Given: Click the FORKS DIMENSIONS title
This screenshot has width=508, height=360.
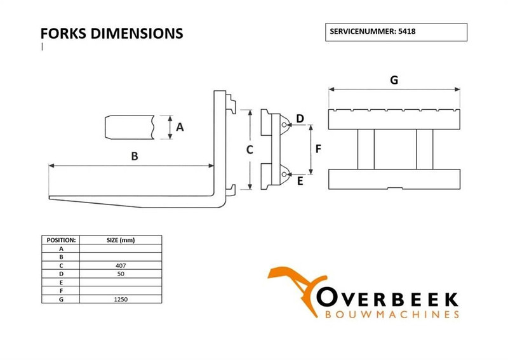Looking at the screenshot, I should [x=111, y=33].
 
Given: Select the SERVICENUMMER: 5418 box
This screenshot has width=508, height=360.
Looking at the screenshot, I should [x=396, y=32].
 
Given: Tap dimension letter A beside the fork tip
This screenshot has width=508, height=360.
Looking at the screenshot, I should [x=180, y=127].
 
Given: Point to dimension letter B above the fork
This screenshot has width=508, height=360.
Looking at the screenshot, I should [x=134, y=156].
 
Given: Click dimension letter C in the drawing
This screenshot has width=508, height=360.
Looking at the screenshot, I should [x=250, y=150].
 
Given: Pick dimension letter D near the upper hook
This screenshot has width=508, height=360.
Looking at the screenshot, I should [x=300, y=119].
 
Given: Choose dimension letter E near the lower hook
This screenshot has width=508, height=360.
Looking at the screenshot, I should [x=300, y=181].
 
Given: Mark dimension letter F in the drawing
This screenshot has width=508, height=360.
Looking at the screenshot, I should [x=319, y=150].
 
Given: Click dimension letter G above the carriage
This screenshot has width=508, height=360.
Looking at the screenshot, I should [x=394, y=80].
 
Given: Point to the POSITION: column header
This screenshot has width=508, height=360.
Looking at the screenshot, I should [x=62, y=240].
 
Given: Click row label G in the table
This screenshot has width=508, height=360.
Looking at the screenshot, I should [x=62, y=297].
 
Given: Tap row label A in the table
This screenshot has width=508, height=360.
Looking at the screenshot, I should [x=62, y=248].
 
